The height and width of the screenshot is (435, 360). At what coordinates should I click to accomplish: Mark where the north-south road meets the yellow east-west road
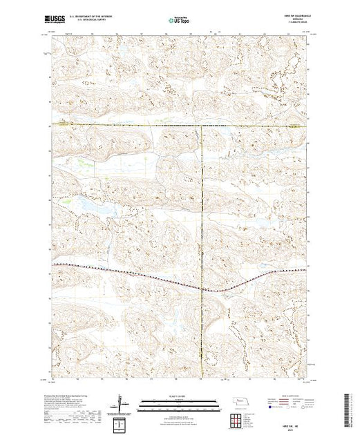202,125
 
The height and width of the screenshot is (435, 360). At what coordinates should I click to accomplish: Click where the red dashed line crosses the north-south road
202,287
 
